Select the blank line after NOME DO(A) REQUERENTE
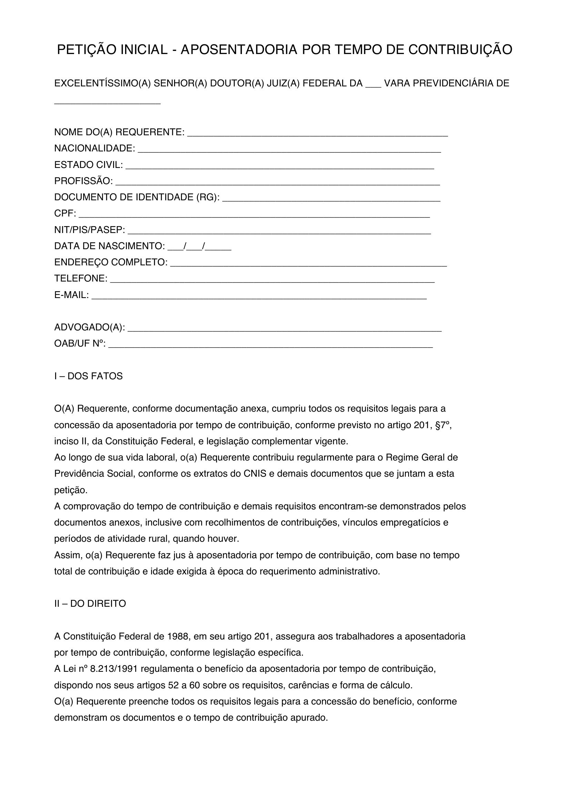click(x=317, y=134)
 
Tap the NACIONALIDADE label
click(x=94, y=149)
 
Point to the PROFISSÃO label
click(x=83, y=181)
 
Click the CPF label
click(x=65, y=213)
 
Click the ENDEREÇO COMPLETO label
click(x=111, y=262)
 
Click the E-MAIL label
click(x=71, y=295)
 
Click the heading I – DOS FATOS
click(x=89, y=376)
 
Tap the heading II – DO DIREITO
click(x=90, y=604)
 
